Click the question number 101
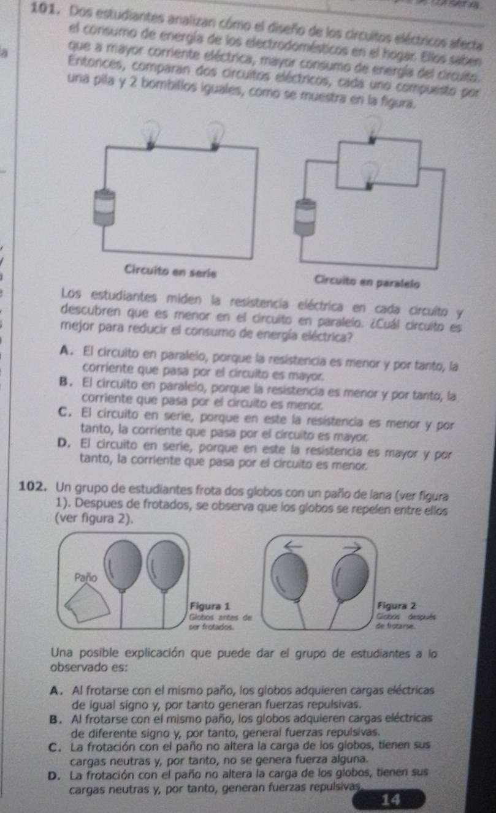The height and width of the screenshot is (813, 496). click(x=44, y=9)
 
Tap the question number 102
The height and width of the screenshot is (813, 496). click(x=32, y=486)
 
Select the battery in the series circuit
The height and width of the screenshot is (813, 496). click(x=104, y=208)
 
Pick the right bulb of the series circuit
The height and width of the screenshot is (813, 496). click(x=216, y=137)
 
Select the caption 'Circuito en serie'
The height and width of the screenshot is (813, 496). click(x=170, y=271)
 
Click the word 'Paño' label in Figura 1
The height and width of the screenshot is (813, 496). click(x=86, y=577)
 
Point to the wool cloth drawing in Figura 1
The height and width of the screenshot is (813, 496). click(x=87, y=603)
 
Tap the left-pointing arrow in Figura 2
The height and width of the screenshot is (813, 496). click(x=293, y=545)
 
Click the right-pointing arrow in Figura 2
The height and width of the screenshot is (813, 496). click(x=352, y=546)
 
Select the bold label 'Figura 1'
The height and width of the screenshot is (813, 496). click(x=210, y=606)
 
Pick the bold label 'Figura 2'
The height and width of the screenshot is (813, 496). click(x=397, y=605)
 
